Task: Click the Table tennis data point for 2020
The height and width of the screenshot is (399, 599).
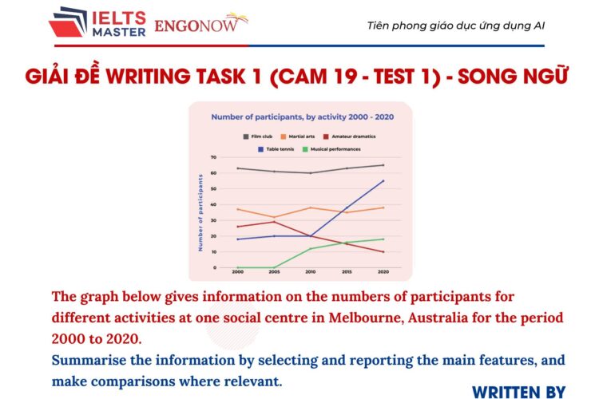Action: click(x=383, y=181)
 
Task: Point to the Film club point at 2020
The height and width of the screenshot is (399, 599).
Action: click(x=383, y=165)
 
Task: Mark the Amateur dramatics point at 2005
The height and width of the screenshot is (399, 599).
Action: click(x=273, y=222)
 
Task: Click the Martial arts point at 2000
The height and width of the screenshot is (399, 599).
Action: click(x=237, y=209)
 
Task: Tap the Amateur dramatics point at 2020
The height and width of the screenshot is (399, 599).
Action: click(x=383, y=252)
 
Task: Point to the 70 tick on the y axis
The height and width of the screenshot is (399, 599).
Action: click(x=213, y=157)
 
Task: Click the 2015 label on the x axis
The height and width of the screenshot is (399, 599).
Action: click(x=347, y=272)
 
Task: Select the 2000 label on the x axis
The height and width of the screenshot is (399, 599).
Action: click(x=237, y=272)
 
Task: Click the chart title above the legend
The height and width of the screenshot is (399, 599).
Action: click(x=301, y=117)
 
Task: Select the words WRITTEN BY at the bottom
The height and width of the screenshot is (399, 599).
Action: click(x=518, y=390)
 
